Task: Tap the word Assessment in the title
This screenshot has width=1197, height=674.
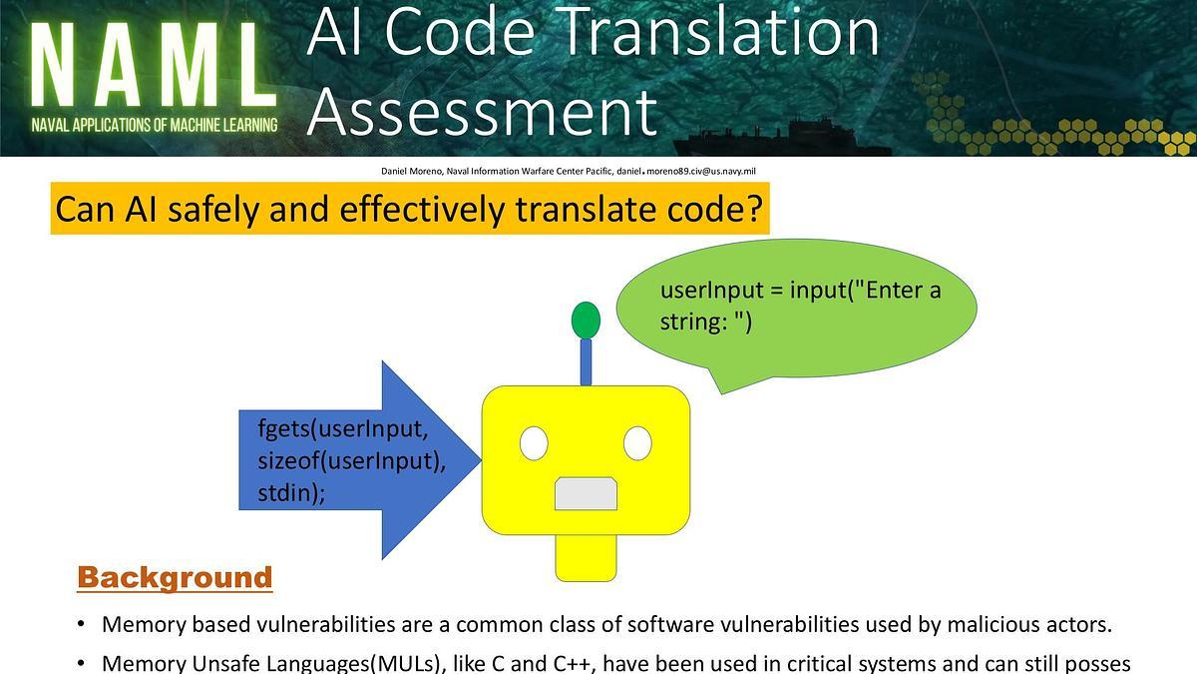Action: point(482,110)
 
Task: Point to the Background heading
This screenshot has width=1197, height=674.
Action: point(175,577)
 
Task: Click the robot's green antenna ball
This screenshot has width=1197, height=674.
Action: point(586,320)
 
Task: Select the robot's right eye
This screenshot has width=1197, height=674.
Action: point(637,442)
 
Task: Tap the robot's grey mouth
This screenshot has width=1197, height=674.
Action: point(586,494)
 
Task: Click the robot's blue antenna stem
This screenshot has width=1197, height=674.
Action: point(586,361)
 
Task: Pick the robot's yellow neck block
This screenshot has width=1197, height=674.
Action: point(586,556)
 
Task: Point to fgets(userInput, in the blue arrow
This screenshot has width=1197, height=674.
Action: point(342,430)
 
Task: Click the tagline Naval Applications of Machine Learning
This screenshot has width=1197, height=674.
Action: point(154,127)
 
